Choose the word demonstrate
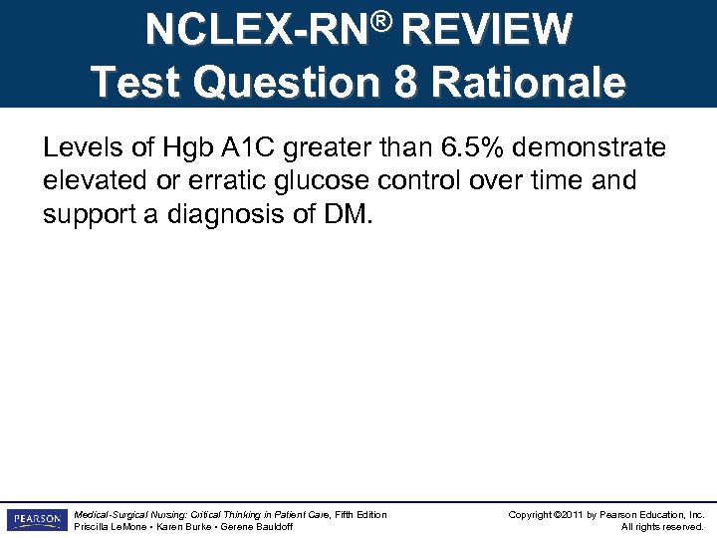[603, 149]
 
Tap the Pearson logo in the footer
[36, 520]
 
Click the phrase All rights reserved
[662, 526]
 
